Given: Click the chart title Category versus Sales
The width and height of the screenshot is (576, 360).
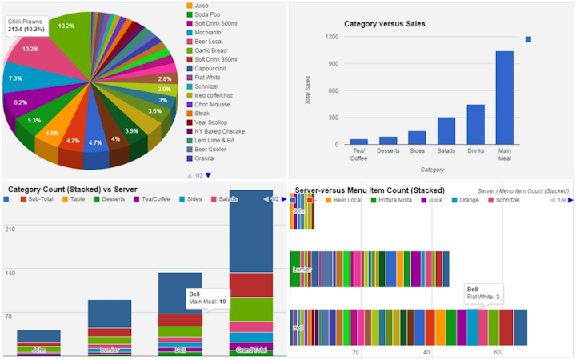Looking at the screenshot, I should click(385, 24).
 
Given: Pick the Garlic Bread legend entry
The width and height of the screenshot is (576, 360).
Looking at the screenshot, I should click(212, 50).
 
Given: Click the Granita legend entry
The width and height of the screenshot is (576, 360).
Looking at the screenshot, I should click(207, 158).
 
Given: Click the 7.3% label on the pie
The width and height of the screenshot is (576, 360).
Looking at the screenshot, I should click(15, 78).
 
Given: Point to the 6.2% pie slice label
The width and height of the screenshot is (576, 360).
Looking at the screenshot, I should click(20, 102).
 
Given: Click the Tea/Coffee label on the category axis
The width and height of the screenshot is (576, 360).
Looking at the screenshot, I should click(358, 154).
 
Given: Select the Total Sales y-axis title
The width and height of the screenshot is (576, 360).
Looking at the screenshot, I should click(308, 92).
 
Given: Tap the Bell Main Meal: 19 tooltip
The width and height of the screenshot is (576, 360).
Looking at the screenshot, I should click(207, 298).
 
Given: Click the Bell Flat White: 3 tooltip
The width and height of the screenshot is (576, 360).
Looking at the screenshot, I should click(483, 293).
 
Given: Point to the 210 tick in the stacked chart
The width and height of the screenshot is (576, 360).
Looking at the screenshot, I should click(10, 230).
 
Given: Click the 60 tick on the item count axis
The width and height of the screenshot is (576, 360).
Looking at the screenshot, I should click(497, 352).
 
